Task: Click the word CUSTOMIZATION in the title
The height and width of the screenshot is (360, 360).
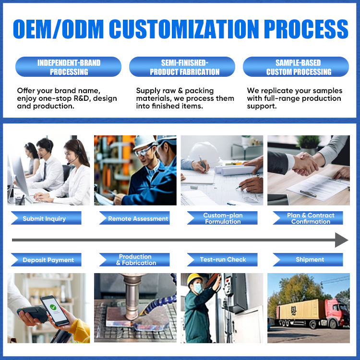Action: point(184,29)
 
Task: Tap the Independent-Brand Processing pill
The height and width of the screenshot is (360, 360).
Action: point(69,67)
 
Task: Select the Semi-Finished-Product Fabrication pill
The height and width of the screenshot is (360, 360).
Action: point(182,67)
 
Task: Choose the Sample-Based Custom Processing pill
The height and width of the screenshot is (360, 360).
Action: point(296,67)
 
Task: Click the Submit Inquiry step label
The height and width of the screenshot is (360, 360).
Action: point(46,218)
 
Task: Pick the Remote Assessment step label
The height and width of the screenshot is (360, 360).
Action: point(134,218)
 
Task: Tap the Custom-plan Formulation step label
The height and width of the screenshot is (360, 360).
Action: point(222,218)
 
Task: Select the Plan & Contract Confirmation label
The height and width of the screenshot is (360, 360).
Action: point(308,218)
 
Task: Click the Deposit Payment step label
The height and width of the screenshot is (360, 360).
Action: point(46,260)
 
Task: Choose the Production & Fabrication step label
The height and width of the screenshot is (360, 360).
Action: point(134,260)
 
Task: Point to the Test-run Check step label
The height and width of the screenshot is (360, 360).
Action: point(222,260)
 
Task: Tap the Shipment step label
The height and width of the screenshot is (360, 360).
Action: point(308,260)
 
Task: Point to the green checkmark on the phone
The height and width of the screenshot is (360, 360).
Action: point(53,307)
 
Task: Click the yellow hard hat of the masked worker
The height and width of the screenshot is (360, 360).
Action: point(194,278)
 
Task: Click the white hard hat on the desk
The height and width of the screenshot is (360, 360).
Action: point(204,153)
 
